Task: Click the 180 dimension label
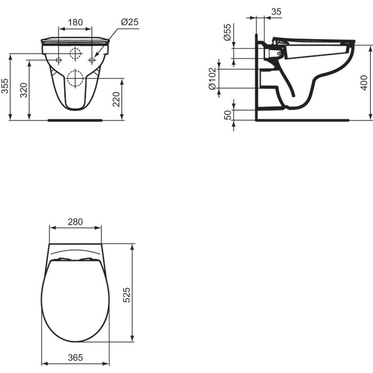[x=75, y=22]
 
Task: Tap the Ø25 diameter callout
[x=129, y=22]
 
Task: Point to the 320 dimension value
[x=23, y=90]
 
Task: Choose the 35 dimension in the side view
[x=276, y=11]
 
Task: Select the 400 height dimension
[x=364, y=82]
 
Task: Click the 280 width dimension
[x=75, y=222]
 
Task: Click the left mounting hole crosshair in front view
[x=58, y=60]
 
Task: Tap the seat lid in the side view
[x=314, y=40]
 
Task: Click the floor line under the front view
[x=75, y=120]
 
